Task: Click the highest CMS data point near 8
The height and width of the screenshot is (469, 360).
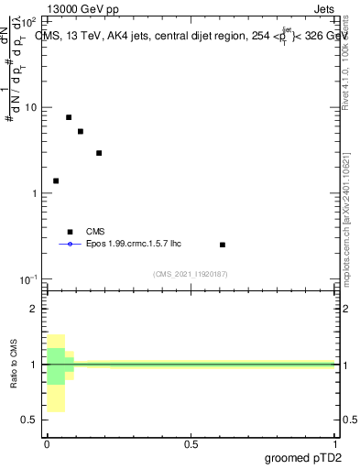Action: pyautogui.click(x=69, y=117)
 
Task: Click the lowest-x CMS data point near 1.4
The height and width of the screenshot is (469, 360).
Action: pyautogui.click(x=56, y=180)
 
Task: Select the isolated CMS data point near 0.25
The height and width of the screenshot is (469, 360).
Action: pyautogui.click(x=223, y=245)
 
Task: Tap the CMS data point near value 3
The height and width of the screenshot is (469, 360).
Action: pyautogui.click(x=99, y=153)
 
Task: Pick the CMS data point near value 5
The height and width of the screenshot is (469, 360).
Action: pyautogui.click(x=81, y=131)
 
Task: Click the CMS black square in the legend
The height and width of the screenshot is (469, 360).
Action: pyautogui.click(x=69, y=232)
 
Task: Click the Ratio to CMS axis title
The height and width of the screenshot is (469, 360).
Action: pyautogui.click(x=14, y=365)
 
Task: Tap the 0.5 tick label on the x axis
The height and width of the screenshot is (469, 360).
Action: pyautogui.click(x=191, y=443)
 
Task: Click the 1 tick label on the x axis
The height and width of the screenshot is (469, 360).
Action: pyautogui.click(x=334, y=443)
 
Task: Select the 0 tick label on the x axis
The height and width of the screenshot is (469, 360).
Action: pyautogui.click(x=47, y=443)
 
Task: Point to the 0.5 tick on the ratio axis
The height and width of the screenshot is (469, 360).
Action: pyautogui.click(x=30, y=420)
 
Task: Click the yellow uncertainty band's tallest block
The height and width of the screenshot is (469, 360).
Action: pyautogui.click(x=56, y=373)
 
